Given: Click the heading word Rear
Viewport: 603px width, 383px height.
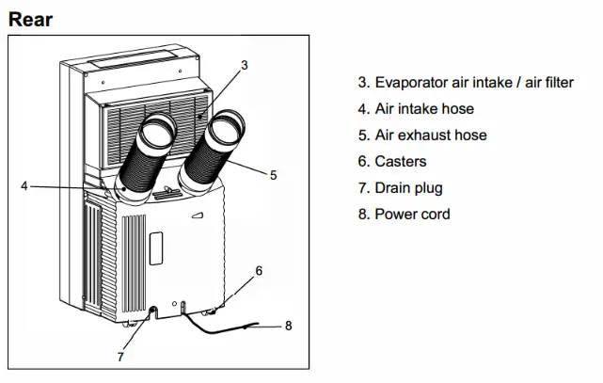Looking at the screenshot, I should pyautogui.click(x=30, y=18).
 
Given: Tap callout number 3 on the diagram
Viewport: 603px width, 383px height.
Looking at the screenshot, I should pyautogui.click(x=244, y=65).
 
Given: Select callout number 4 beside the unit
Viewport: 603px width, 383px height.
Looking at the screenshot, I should pyautogui.click(x=24, y=185).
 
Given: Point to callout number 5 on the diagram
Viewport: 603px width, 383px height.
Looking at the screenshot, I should pyautogui.click(x=273, y=175).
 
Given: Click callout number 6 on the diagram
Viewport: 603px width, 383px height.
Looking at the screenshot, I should pyautogui.click(x=259, y=270).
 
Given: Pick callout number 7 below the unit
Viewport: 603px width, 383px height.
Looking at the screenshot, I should pyautogui.click(x=119, y=357).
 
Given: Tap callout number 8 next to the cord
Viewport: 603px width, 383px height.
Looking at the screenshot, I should pyautogui.click(x=288, y=327).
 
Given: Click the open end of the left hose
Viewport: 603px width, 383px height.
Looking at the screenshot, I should pyautogui.click(x=159, y=131).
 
